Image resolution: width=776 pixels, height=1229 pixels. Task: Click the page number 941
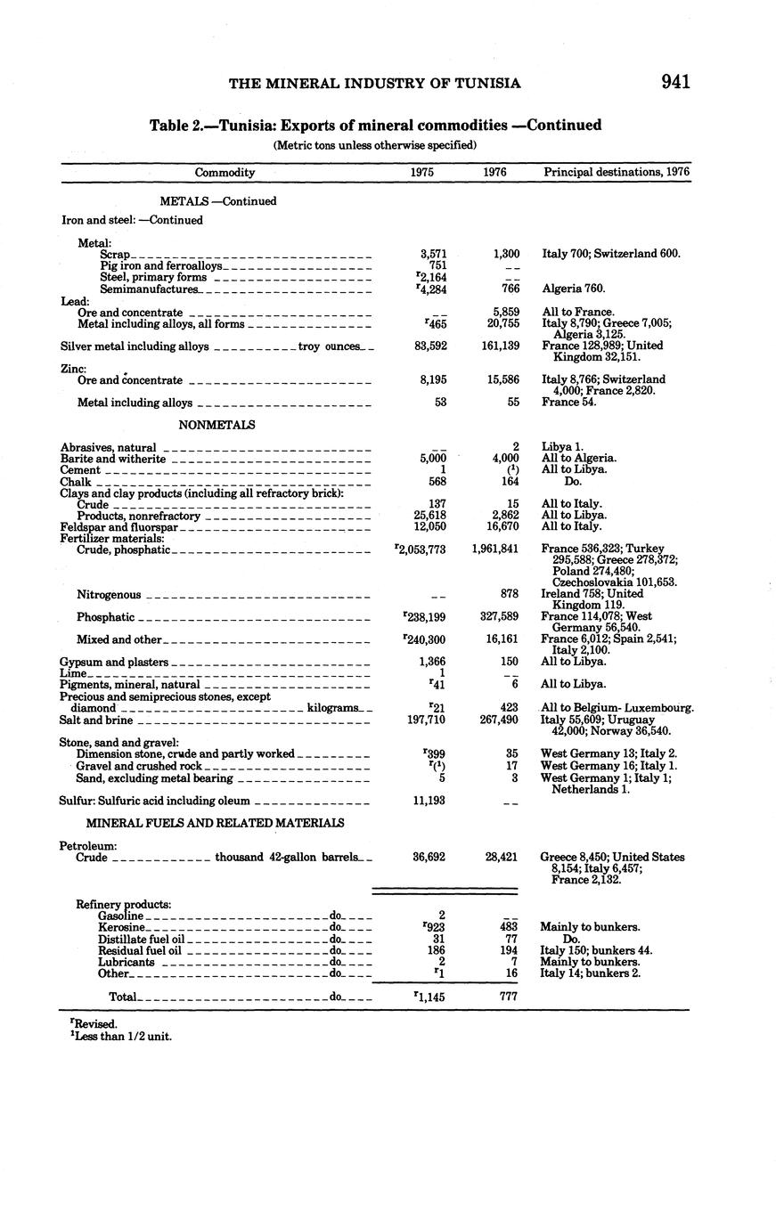click(x=676, y=82)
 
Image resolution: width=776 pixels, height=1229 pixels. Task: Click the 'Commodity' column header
click(x=225, y=173)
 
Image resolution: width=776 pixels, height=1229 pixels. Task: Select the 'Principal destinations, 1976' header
click(x=617, y=173)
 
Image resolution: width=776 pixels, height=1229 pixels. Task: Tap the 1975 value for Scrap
click(x=431, y=254)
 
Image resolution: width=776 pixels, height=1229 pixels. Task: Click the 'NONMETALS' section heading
click(x=216, y=425)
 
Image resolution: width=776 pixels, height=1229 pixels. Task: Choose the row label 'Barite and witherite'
click(x=113, y=459)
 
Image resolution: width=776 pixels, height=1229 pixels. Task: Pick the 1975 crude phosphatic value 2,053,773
click(x=420, y=549)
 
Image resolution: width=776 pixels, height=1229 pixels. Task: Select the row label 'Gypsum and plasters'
click(x=114, y=662)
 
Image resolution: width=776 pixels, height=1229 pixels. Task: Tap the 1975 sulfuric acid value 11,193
click(x=430, y=801)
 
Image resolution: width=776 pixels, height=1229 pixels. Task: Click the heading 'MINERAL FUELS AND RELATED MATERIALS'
click(x=215, y=823)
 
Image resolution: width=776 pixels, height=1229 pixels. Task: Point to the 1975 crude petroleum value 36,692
click(x=429, y=858)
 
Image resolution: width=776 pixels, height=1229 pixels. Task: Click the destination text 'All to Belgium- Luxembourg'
click(x=617, y=708)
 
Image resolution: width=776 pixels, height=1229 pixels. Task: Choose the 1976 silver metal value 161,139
click(x=499, y=346)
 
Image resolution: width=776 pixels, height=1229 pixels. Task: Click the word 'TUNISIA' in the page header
click(x=487, y=83)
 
